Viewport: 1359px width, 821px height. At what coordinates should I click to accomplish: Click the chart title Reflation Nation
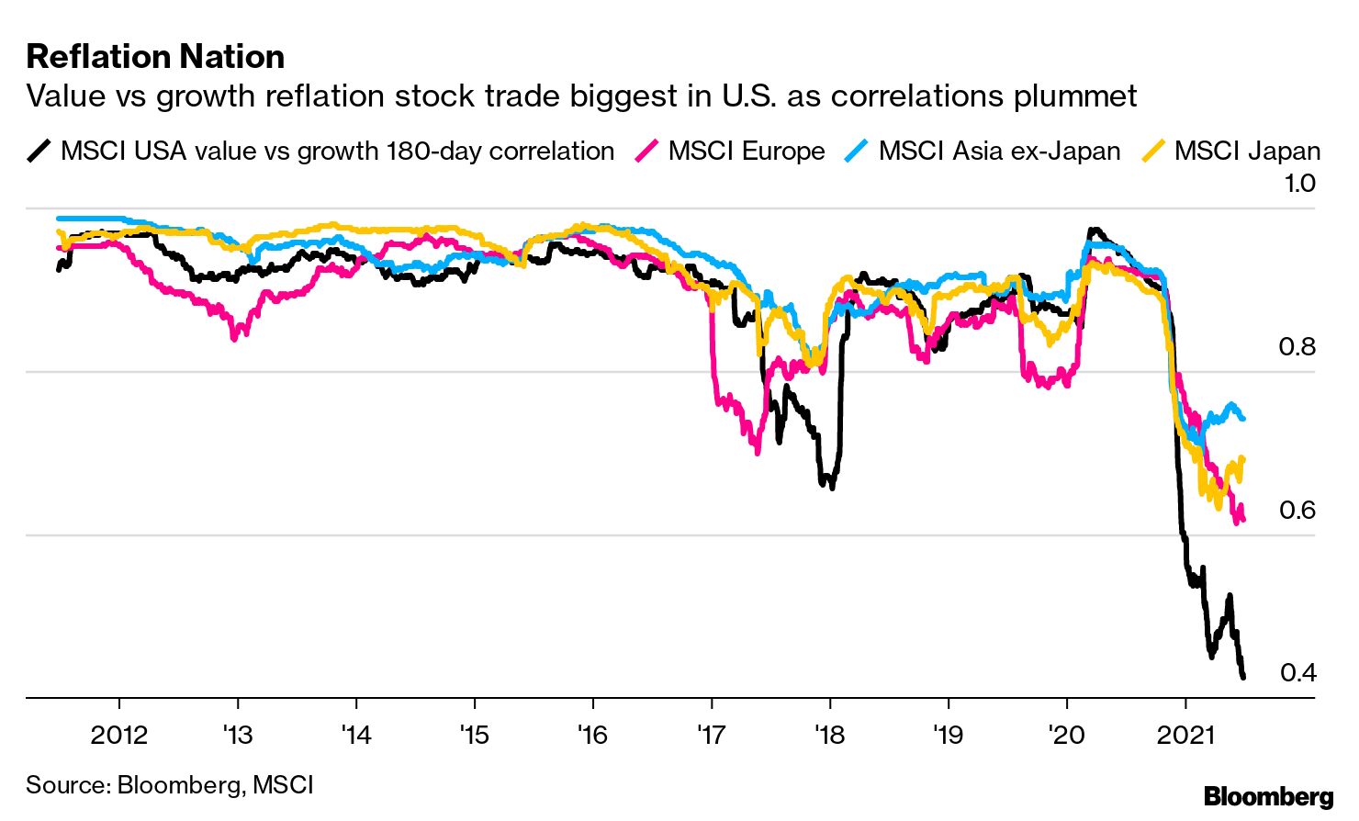pyautogui.click(x=155, y=57)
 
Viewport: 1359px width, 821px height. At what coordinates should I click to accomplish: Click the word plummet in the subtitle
pyautogui.click(x=1074, y=96)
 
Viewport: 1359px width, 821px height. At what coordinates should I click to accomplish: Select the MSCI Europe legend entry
pyautogui.click(x=746, y=151)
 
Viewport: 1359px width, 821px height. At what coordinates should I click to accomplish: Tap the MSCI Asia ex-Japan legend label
pyautogui.click(x=999, y=151)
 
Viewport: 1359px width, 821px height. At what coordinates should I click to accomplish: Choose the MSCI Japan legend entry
pyautogui.click(x=1247, y=151)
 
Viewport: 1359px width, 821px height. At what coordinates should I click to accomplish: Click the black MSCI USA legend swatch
pyautogui.click(x=39, y=151)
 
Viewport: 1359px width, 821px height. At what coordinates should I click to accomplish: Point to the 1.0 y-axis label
pyautogui.click(x=1299, y=183)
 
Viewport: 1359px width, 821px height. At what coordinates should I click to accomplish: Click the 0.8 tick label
pyautogui.click(x=1297, y=346)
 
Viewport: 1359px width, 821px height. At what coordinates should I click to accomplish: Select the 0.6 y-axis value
pyautogui.click(x=1297, y=510)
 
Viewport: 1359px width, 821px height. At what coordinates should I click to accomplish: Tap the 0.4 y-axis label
pyautogui.click(x=1297, y=672)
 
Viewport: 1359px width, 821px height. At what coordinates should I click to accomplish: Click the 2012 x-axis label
pyautogui.click(x=118, y=735)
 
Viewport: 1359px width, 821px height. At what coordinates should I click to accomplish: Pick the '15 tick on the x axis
pyautogui.click(x=474, y=735)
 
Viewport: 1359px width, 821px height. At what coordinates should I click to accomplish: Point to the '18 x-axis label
pyautogui.click(x=829, y=735)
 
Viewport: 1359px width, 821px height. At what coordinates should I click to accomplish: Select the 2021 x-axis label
pyautogui.click(x=1185, y=735)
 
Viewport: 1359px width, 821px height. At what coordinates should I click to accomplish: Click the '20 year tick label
pyautogui.click(x=1066, y=735)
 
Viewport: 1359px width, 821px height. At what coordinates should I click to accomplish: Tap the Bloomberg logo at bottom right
pyautogui.click(x=1268, y=796)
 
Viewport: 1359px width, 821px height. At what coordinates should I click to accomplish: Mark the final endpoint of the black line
pyautogui.click(x=1243, y=677)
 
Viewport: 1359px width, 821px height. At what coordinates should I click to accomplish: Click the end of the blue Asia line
pyautogui.click(x=1242, y=418)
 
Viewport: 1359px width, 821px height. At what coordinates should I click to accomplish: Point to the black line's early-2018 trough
pyautogui.click(x=832, y=487)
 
